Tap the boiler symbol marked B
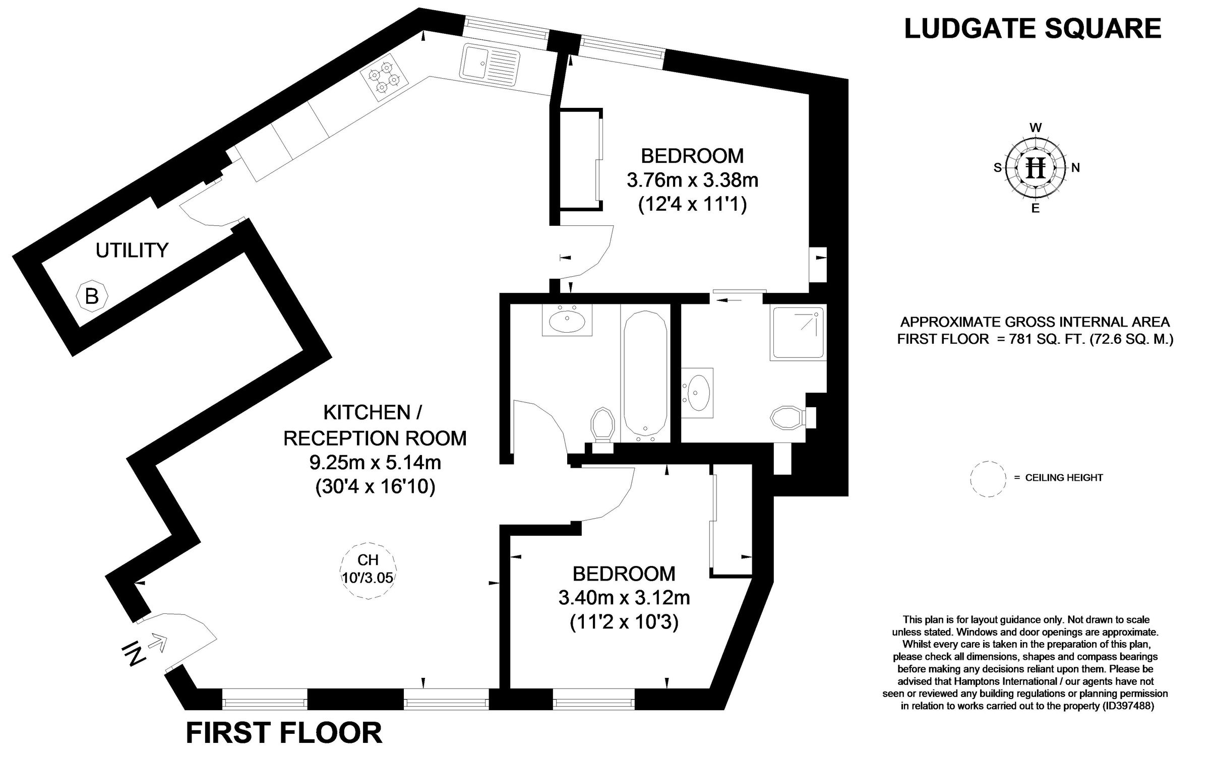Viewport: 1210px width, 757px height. click(x=92, y=296)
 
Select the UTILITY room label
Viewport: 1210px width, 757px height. click(x=132, y=250)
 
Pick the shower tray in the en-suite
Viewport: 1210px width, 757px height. click(x=798, y=333)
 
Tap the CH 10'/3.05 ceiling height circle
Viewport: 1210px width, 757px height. click(x=368, y=570)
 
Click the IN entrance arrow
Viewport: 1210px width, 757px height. click(x=157, y=644)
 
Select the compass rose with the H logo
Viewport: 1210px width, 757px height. click(x=1036, y=168)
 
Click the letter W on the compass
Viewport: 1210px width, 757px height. click(x=1036, y=128)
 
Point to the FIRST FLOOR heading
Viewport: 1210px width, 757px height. click(x=284, y=733)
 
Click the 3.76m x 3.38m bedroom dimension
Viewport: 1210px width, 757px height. click(x=692, y=180)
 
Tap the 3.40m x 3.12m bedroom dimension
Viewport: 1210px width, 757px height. click(x=624, y=598)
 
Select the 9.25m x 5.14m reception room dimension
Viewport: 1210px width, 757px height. click(x=375, y=462)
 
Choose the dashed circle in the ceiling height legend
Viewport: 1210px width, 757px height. click(x=988, y=479)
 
